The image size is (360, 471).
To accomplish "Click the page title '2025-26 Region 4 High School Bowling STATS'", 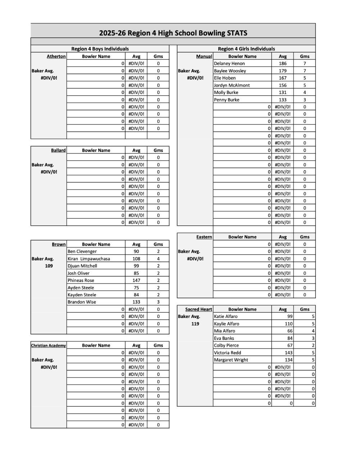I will tap(173, 33).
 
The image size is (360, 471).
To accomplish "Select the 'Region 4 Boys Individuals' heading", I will tap(100, 49).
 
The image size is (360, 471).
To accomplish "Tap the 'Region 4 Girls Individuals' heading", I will tap(246, 49).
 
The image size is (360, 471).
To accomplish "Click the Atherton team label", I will tap(56, 57).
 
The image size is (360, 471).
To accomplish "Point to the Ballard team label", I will tap(58, 151).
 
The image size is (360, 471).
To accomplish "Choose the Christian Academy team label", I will tap(49, 346).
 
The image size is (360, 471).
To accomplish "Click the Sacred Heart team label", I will tap(198, 309).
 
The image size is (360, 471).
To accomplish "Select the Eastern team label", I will tap(204, 237).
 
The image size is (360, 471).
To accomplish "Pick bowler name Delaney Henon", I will tap(229, 64).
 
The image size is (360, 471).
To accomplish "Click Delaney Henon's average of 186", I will tap(283, 64).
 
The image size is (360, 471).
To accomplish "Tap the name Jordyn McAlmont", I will tap(232, 85).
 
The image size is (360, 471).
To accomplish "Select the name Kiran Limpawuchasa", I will tap(89, 259).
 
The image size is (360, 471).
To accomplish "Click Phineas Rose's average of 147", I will tap(136, 281).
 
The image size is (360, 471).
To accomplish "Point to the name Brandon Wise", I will tap(82, 302).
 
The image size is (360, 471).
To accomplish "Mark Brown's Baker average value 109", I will tap(49, 266).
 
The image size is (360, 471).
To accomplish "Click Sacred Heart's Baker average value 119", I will tap(195, 324).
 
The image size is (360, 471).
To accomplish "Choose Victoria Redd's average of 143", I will tap(288, 353).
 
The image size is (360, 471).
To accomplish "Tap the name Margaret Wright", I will tap(231, 360).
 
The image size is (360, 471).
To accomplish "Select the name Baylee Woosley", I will tap(230, 71).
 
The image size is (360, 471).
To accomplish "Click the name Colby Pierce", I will tap(226, 346).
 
